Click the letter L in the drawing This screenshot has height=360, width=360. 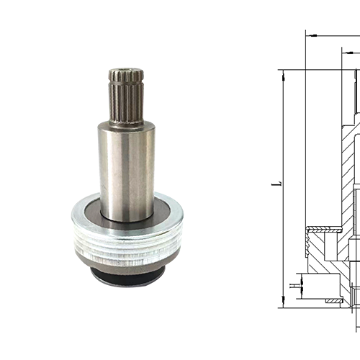(x=276, y=184)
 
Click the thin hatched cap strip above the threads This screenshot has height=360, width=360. (x=324, y=230)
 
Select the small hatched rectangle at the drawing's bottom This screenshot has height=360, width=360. (x=333, y=300)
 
